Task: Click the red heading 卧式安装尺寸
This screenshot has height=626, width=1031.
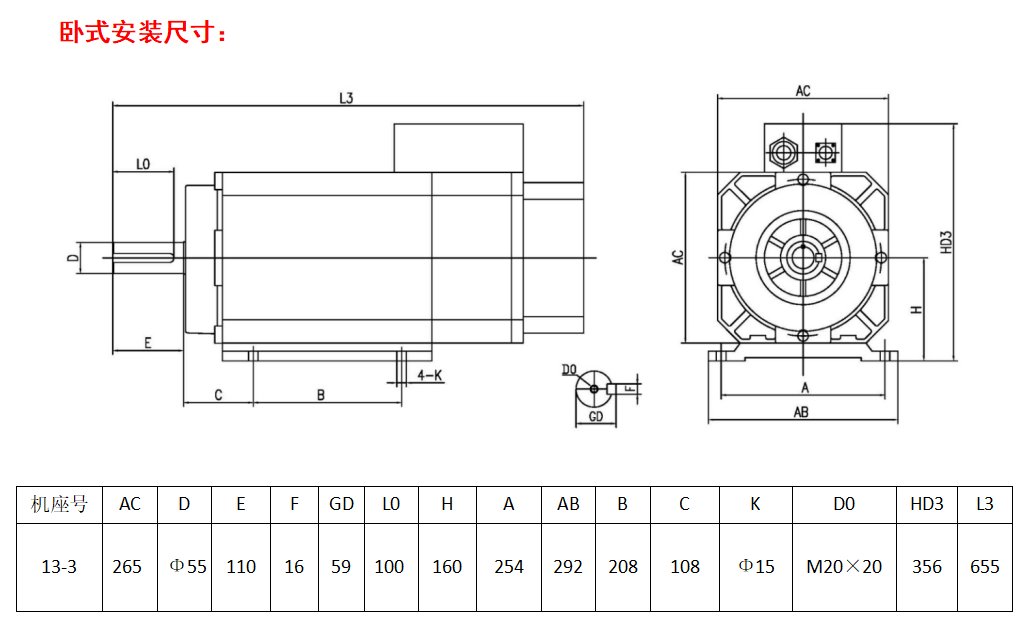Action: pyautogui.click(x=145, y=33)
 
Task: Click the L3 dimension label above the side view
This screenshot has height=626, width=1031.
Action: pyautogui.click(x=347, y=98)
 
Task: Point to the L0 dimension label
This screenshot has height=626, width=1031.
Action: pyautogui.click(x=142, y=163)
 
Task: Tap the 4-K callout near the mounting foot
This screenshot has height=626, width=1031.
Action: pyautogui.click(x=430, y=375)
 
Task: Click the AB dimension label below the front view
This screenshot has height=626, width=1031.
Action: pyautogui.click(x=801, y=412)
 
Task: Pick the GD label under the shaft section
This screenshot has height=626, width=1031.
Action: pyautogui.click(x=596, y=416)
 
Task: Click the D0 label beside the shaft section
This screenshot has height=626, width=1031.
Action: pyautogui.click(x=569, y=370)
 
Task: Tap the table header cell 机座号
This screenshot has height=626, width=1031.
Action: pyautogui.click(x=59, y=504)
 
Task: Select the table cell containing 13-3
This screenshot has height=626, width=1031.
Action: pyautogui.click(x=59, y=567)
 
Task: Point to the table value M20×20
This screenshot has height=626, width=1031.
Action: pyautogui.click(x=844, y=567)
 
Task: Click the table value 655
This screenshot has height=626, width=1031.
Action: pyautogui.click(x=984, y=567)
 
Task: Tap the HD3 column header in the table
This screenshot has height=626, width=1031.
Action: pyautogui.click(x=927, y=504)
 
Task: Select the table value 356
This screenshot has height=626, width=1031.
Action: pyautogui.click(x=927, y=567)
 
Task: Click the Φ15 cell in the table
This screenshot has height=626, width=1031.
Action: pyautogui.click(x=756, y=567)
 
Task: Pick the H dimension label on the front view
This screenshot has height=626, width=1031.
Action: pyautogui.click(x=915, y=310)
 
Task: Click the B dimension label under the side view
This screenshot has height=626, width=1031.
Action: pyautogui.click(x=321, y=395)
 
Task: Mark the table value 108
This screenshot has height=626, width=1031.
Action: pyautogui.click(x=684, y=567)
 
